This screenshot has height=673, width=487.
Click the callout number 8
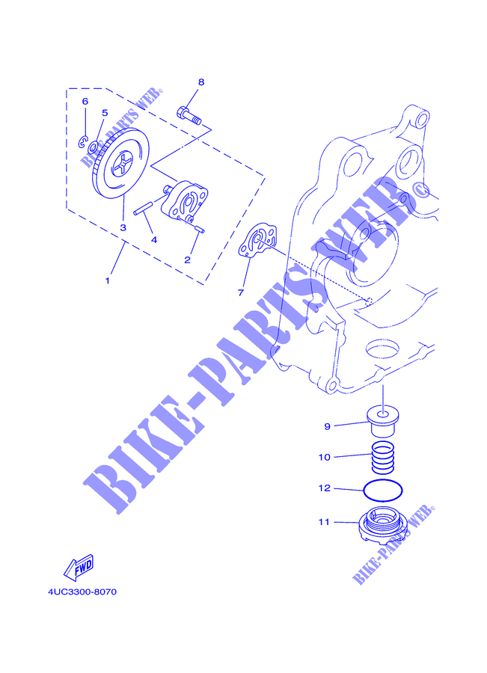(201, 82)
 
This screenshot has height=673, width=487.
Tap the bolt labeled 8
(189, 115)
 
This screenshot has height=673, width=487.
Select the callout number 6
(85, 101)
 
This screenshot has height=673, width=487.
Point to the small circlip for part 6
(83, 142)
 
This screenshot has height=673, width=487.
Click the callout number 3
(123, 227)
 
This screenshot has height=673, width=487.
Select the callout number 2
(187, 260)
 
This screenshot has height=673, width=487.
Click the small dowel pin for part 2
(199, 228)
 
